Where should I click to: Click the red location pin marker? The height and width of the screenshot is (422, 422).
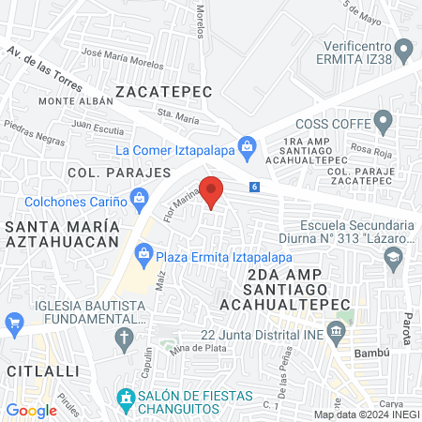(x=212, y=190)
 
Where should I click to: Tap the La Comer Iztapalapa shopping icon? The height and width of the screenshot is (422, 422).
(x=247, y=145)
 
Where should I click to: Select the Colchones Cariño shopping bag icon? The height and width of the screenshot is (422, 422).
(x=140, y=198)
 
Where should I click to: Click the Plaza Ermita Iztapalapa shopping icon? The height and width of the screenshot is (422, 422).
(x=143, y=251)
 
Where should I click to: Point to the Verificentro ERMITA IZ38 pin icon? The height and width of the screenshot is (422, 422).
(x=403, y=48)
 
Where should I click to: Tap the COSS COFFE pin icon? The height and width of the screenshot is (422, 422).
(x=383, y=121)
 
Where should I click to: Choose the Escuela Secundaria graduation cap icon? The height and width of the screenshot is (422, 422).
(x=396, y=256)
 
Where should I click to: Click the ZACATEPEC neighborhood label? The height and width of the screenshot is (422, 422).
(x=164, y=91)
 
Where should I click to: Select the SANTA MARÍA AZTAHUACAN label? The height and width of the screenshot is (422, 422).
(x=62, y=234)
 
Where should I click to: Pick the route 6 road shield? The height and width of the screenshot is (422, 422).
(x=255, y=187)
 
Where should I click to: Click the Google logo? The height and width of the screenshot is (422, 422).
(x=31, y=410)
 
